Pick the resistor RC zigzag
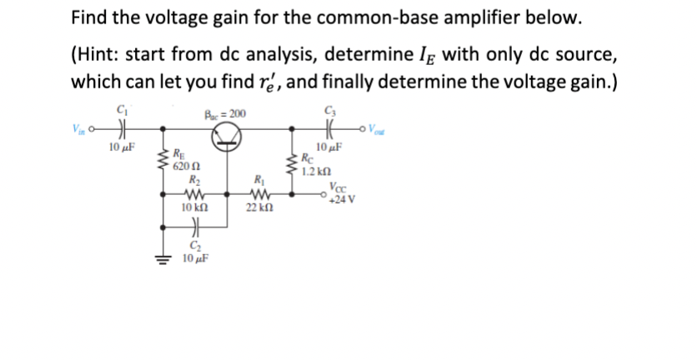[x=293, y=158]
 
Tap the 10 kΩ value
[x=193, y=206]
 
